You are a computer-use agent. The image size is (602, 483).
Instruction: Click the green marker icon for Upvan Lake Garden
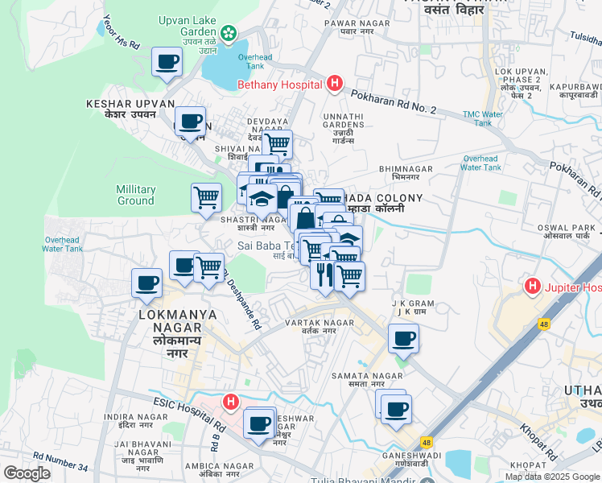coord(230,33)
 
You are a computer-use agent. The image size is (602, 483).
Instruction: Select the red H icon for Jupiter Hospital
coord(532,286)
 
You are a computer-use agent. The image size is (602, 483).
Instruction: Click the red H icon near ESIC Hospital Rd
coord(231,401)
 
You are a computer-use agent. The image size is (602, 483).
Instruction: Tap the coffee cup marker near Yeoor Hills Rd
coord(167,61)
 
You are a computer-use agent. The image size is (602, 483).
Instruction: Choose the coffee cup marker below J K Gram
coord(403,338)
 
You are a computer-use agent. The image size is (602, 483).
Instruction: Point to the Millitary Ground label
coord(135,195)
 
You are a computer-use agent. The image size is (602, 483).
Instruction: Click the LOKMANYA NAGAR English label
coord(177,315)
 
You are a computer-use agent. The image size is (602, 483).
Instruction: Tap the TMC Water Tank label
coord(483,118)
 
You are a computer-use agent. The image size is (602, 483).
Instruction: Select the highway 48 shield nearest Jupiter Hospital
coord(544,324)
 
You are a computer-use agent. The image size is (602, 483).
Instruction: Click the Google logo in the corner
coord(27,473)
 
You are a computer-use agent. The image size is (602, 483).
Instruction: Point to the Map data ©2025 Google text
coord(551,477)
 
